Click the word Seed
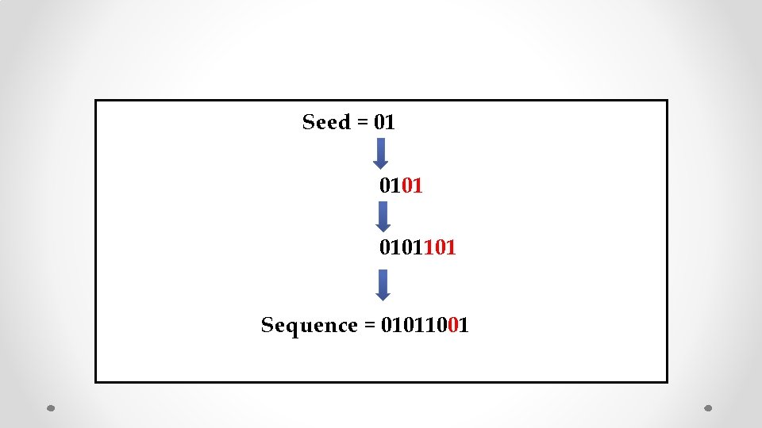[x=326, y=123]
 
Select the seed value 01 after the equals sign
[x=384, y=123]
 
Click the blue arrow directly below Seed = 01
[x=381, y=153]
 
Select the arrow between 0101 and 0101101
[x=383, y=216]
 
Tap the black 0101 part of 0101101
[x=400, y=248]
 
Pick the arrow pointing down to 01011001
[x=383, y=285]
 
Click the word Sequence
[x=310, y=326]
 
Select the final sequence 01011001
[x=425, y=326]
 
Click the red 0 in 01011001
[x=452, y=326]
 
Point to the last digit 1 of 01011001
[x=463, y=326]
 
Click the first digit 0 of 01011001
[x=387, y=326]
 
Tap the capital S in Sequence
[x=267, y=326]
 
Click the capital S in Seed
[x=309, y=123]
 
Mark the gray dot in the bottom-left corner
[x=51, y=408]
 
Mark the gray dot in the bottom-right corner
[x=709, y=408]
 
